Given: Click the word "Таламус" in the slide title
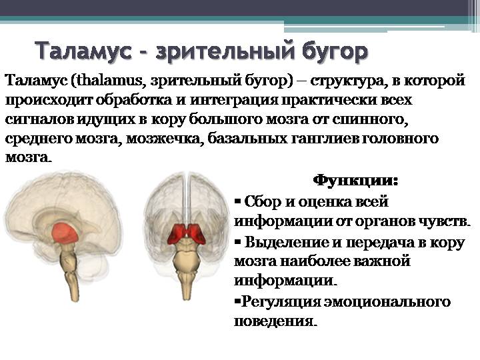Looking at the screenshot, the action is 83,51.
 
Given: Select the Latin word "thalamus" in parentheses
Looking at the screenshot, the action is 109,81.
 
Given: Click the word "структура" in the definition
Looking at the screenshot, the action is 347,81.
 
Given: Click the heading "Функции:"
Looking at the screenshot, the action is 356,180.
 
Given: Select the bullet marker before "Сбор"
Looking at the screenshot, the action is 238,201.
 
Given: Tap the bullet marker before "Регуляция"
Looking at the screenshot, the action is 237,301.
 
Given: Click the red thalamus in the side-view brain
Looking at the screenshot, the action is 65,233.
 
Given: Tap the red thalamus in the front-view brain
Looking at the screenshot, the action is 187,233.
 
